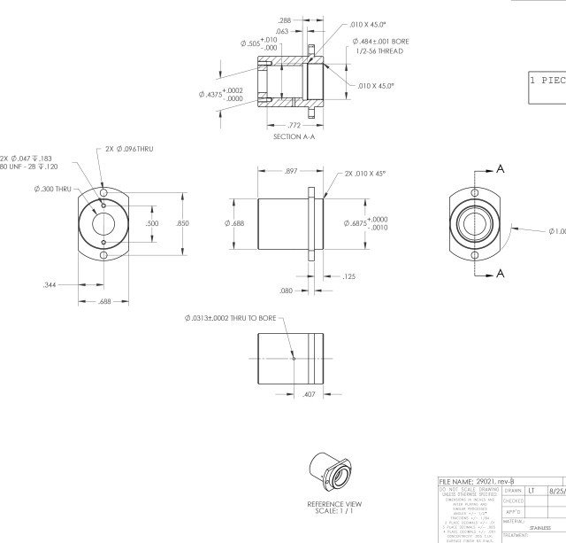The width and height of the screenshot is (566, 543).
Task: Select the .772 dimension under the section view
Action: point(294,126)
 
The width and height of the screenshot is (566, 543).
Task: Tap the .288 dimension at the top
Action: point(285,19)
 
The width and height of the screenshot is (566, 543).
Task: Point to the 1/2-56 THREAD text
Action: point(379,51)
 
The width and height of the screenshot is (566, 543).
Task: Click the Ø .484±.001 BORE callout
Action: point(380,41)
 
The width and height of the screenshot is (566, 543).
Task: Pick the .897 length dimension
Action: point(290,171)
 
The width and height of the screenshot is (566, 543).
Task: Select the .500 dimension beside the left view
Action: point(153,224)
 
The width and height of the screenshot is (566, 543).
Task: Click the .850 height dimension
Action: point(182,224)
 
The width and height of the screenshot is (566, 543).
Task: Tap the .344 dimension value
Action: point(50,285)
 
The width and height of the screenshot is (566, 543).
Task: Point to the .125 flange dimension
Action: point(348,277)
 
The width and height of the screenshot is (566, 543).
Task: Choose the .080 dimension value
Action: point(286,291)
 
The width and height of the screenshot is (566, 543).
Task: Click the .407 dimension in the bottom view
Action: point(309,393)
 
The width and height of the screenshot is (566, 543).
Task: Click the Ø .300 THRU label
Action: point(52,189)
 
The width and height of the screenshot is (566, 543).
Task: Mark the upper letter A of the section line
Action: point(501,169)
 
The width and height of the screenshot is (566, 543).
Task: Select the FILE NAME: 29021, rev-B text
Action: point(476,479)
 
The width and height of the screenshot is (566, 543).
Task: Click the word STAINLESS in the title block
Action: point(539,527)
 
